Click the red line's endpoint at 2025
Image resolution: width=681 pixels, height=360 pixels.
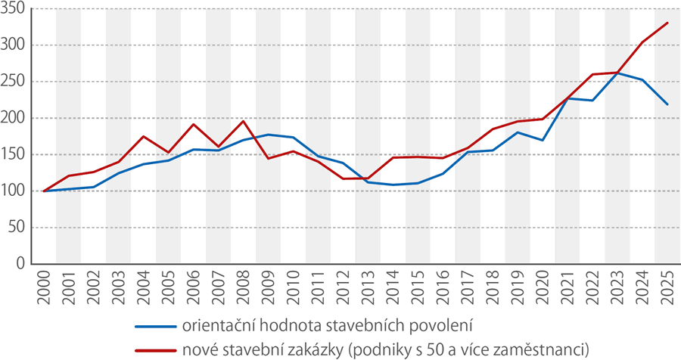[667, 23]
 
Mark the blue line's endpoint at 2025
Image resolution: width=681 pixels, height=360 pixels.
[667, 104]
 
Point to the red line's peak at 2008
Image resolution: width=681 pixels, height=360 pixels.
[243, 121]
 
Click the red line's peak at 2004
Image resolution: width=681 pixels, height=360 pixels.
[143, 136]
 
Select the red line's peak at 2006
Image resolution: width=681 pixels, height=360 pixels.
[193, 124]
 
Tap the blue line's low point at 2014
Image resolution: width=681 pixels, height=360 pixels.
[393, 185]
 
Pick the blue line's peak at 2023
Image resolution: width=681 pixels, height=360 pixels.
[617, 73]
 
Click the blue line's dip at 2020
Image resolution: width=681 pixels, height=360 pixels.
[542, 140]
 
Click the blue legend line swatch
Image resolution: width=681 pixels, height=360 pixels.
[154, 327]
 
